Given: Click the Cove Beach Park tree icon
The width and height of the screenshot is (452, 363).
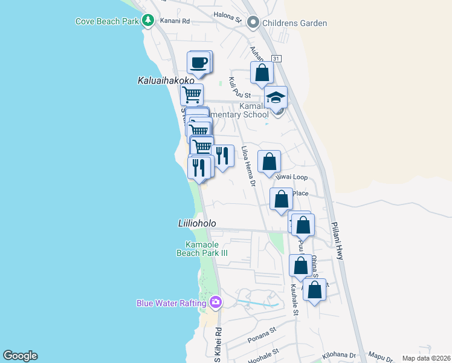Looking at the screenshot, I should tap(148, 21).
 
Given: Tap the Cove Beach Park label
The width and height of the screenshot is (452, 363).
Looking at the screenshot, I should tap(107, 21).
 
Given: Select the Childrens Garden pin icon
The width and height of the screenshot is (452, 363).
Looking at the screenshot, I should tap(253, 23).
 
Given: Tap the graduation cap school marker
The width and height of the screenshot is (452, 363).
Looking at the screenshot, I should tap(276, 98).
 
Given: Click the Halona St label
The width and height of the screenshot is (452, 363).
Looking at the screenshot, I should tap(227, 16).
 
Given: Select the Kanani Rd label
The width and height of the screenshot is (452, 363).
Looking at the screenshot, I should tap(175, 21).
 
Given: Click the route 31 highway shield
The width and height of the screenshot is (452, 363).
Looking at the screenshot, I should tap(277, 58).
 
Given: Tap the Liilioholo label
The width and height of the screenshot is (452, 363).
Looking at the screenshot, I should tap(197, 223).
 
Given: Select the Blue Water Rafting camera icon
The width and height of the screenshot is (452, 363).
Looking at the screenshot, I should tap(216, 302).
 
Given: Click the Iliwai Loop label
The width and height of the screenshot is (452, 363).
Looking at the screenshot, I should tap(292, 178).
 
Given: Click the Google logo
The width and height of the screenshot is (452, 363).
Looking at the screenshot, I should tap(20, 356).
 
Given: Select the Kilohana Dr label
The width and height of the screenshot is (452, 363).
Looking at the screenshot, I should tap(339, 355).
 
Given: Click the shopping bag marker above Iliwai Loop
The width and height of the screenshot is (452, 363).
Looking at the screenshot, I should tap(270, 162).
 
